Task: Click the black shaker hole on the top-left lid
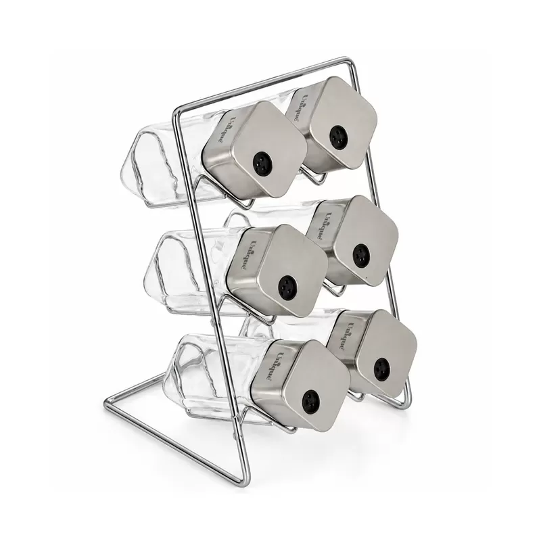(x=262, y=161)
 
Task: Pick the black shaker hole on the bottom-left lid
(x=310, y=400)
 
